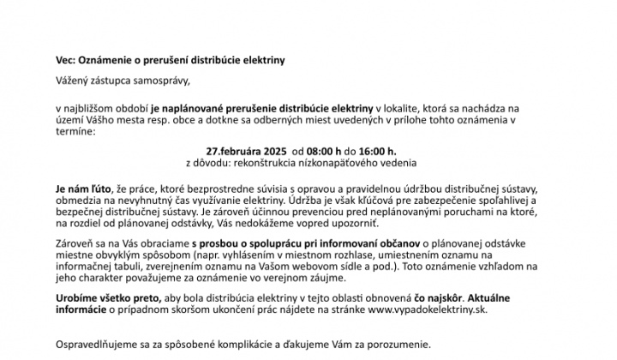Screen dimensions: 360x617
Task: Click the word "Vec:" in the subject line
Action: (x=66, y=61)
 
